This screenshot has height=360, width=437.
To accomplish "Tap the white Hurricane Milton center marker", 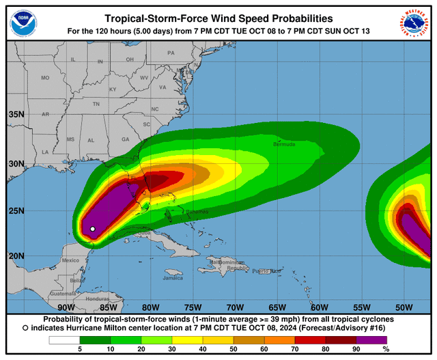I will tap(92, 229).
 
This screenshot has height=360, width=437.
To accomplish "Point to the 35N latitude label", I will tap(16, 114).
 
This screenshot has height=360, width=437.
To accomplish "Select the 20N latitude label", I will tap(16, 255).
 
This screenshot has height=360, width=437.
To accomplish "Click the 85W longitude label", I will tap(108, 308).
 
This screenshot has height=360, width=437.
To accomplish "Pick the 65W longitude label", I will tap(276, 308).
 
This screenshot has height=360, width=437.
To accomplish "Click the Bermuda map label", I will tap(284, 144).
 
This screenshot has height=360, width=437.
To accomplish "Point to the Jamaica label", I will tap(173, 278).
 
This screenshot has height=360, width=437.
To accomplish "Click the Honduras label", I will tap(98, 299).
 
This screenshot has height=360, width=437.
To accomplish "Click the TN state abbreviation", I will tap(96, 104).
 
